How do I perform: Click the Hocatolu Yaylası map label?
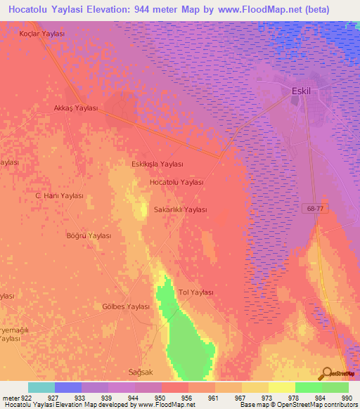click(176, 182)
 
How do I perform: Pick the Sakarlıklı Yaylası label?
click(181, 210)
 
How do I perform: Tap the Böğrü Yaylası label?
click(89, 236)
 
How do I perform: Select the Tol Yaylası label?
click(196, 292)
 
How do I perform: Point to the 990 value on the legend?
click(346, 397)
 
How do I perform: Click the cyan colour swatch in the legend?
click(41, 387)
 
